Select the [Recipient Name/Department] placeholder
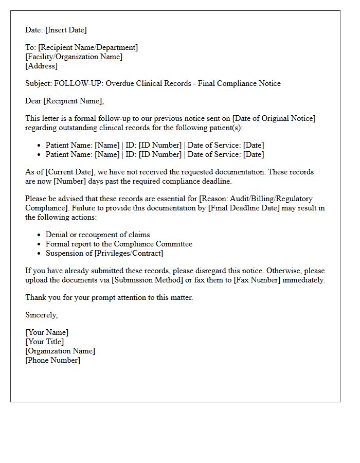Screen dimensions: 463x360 [x=88, y=47]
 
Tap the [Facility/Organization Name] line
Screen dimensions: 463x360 [x=74, y=57]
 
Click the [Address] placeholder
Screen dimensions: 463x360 [x=42, y=66]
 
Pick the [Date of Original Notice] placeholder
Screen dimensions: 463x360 [x=274, y=118]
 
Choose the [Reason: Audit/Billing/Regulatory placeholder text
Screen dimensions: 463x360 [x=256, y=199]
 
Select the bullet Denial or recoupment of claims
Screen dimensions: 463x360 [x=98, y=235]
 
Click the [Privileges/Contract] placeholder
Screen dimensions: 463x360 [x=128, y=253]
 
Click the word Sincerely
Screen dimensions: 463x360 [x=41, y=315]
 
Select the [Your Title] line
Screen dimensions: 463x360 [x=45, y=342]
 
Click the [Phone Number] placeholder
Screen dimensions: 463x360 [x=53, y=360]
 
